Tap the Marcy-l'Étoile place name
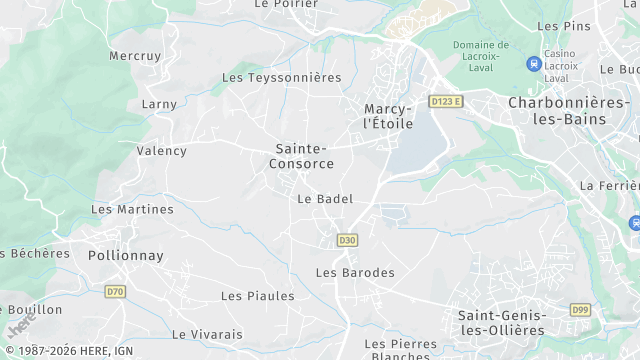coord(389,115)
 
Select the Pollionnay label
coord(125,255)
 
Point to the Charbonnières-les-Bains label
coord(568,110)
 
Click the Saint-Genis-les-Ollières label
coord(501,322)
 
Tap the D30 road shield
coord(347,240)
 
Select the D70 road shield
coord(115,292)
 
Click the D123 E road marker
coord(447,101)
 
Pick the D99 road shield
coord(580,310)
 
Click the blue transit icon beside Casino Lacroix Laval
coord(533,64)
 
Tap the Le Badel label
coord(325,199)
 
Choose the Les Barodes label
coord(355,272)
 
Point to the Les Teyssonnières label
coord(281,77)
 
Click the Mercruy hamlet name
coord(135,55)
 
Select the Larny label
coord(159,104)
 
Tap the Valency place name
coord(161,151)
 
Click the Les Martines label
coord(132,209)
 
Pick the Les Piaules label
coord(257,296)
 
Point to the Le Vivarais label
coord(208,334)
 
